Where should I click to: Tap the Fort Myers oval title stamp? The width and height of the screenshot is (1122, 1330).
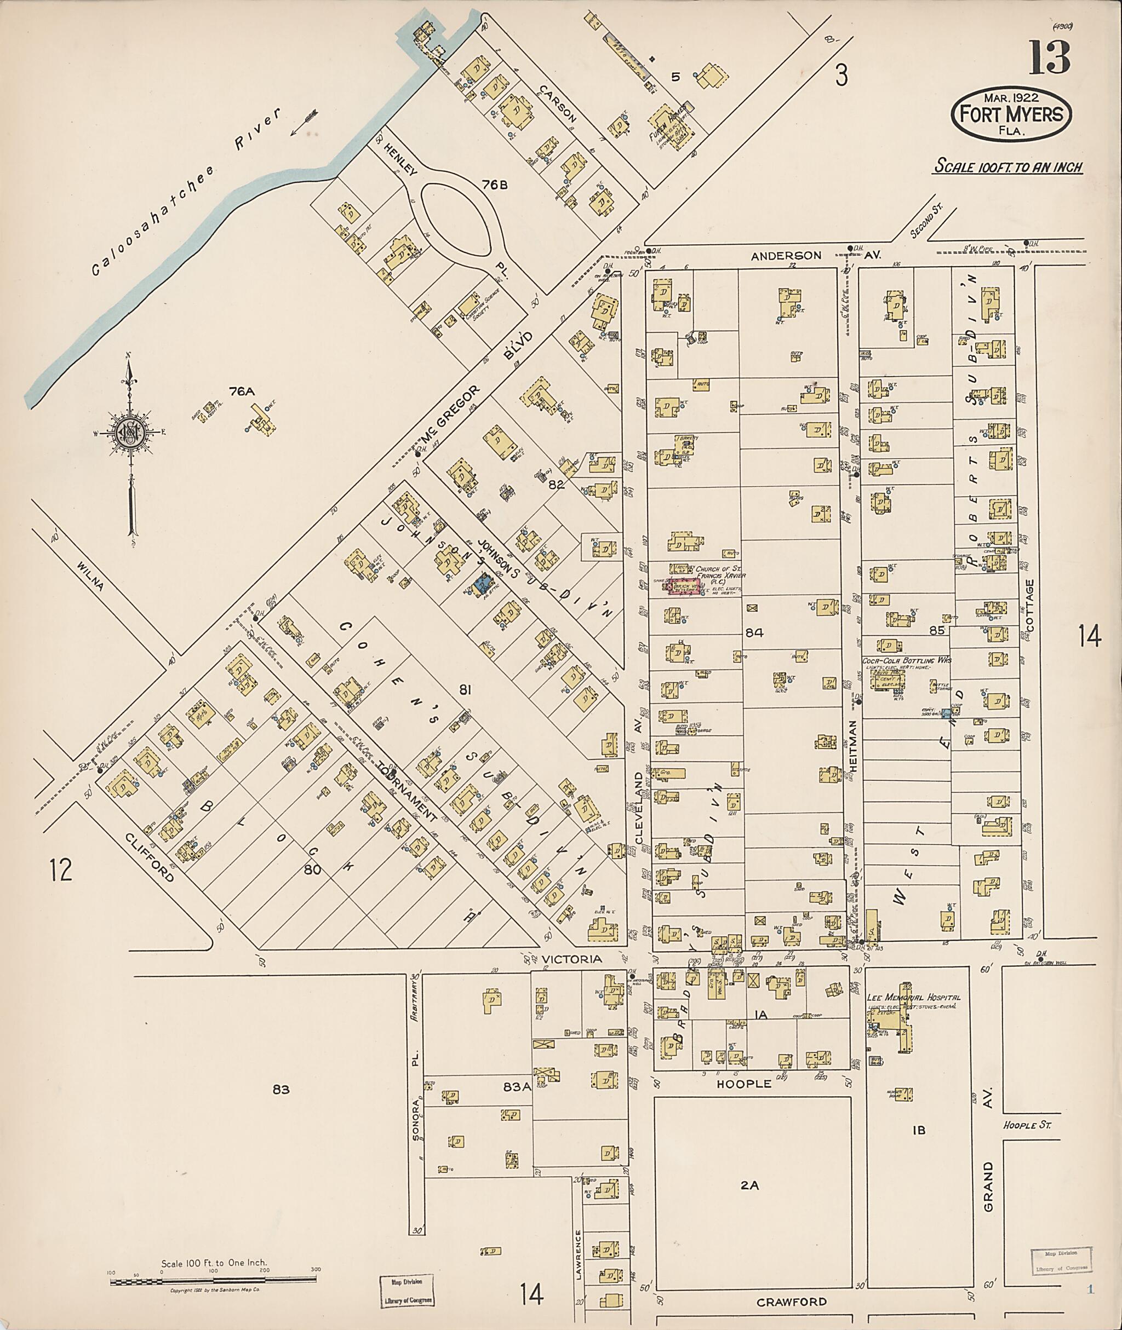[1011, 114]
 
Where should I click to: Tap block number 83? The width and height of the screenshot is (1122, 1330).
[280, 1090]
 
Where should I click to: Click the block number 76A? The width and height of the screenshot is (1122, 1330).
[242, 391]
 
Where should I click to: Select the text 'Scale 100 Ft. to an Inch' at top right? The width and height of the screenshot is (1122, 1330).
[1007, 167]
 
